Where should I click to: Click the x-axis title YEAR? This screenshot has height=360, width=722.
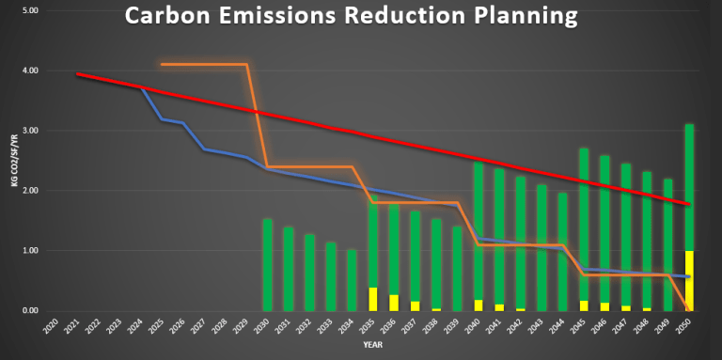click(x=374, y=346)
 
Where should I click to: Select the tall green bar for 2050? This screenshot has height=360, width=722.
click(x=689, y=188)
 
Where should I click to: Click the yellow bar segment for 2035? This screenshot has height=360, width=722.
click(x=373, y=299)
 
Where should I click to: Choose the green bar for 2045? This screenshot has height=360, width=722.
click(x=584, y=226)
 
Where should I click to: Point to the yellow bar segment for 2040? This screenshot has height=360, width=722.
click(x=479, y=305)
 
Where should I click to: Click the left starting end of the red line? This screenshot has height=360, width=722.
click(x=79, y=74)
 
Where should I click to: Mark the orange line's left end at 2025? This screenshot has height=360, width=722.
click(x=163, y=64)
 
